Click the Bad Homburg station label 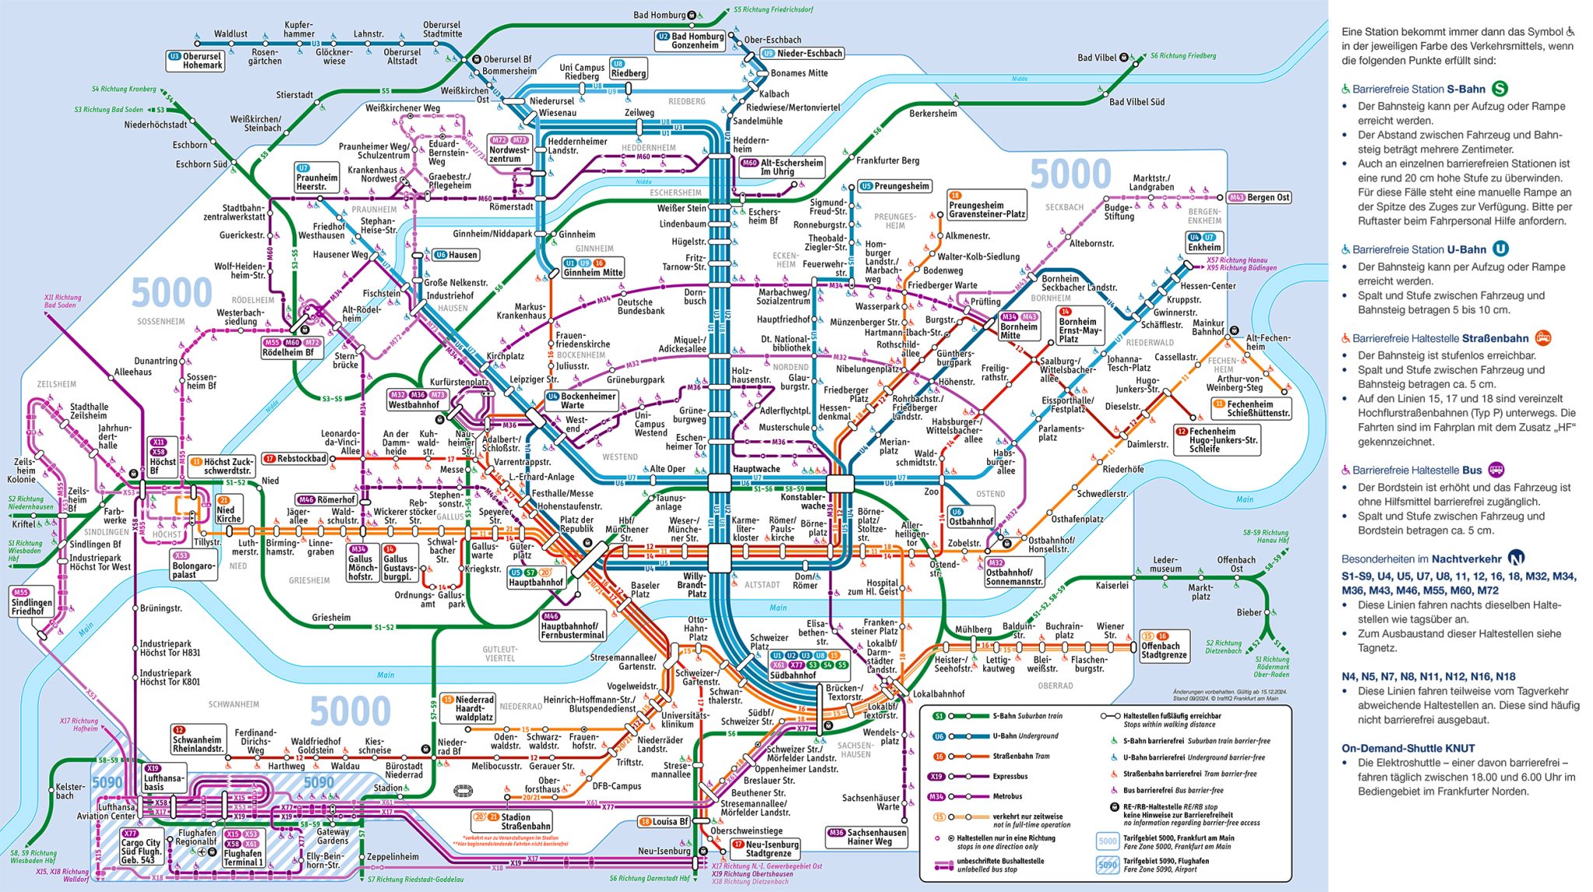659,15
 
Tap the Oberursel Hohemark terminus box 196,61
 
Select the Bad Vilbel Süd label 1136,102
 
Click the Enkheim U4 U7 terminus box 1203,243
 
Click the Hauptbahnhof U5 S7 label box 535,578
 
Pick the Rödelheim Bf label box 292,348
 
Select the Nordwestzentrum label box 509,149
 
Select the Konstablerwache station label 803,501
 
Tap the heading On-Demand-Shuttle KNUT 1408,748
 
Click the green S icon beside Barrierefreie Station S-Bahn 1500,89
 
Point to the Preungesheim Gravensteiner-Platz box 986,205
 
